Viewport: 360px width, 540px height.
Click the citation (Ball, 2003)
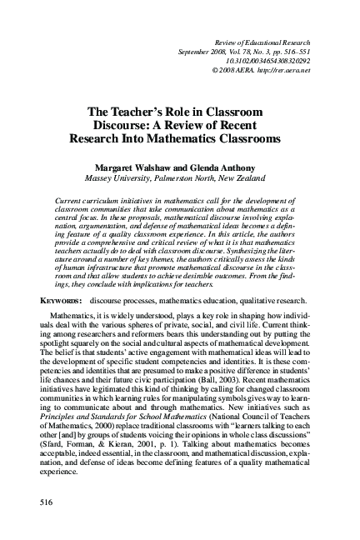pyautogui.click(x=227, y=387)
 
